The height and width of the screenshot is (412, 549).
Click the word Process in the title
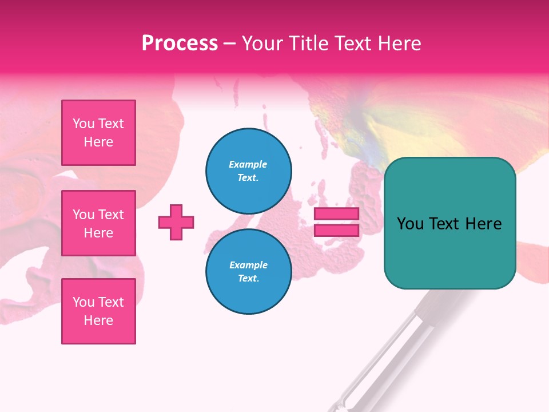click(180, 43)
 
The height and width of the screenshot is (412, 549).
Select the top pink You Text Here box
click(98, 133)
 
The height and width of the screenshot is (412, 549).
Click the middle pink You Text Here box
click(98, 223)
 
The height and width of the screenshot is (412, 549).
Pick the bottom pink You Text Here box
click(98, 311)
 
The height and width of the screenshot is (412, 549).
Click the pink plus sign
click(176, 222)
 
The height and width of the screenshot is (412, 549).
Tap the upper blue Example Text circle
click(249, 171)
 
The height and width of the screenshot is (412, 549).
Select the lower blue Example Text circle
click(249, 272)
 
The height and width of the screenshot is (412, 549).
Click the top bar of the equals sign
click(337, 214)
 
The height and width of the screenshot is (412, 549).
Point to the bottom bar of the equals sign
click(337, 231)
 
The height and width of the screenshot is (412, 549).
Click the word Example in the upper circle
click(248, 164)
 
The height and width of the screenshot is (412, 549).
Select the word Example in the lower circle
click(248, 265)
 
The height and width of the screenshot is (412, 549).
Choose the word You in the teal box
click(411, 224)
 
